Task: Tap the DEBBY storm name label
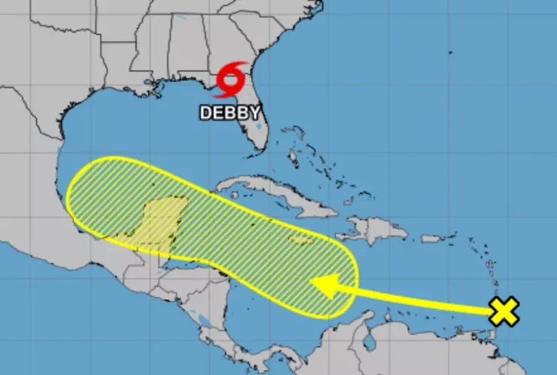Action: click(230, 113)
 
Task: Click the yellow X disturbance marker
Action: click(504, 310)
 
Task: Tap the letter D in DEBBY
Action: click(205, 113)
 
